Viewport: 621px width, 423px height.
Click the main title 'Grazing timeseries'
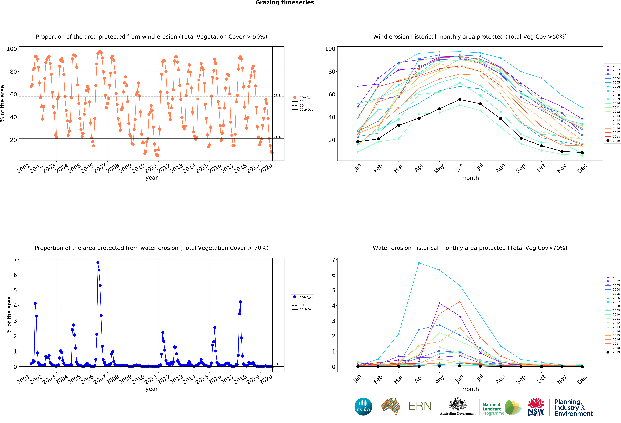coord(285,3)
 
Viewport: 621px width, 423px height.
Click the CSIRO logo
coord(363,407)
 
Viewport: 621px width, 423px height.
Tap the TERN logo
coord(406,406)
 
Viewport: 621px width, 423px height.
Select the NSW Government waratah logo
coord(536,407)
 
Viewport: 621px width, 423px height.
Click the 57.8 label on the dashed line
coord(277,96)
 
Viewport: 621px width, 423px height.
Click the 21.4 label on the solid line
coord(277,137)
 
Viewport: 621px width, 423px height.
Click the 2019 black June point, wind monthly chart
coord(460,100)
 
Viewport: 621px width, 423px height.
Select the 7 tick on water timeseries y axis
coord(15,260)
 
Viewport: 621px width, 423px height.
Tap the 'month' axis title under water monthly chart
coord(470,389)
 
